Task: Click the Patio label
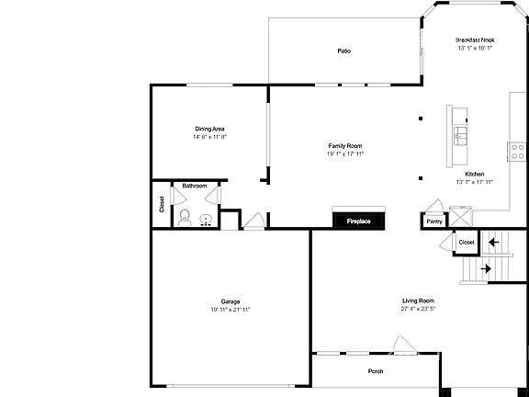click(343, 51)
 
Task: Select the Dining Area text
click(209, 129)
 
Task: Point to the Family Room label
click(345, 146)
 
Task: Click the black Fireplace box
click(358, 221)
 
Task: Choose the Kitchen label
click(475, 174)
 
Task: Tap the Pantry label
click(434, 221)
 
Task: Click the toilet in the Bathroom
click(185, 218)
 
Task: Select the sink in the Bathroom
click(206, 219)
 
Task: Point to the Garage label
click(230, 301)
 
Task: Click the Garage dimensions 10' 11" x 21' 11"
click(230, 310)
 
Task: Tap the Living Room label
click(418, 301)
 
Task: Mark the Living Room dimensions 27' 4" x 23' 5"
click(418, 309)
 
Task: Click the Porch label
click(376, 371)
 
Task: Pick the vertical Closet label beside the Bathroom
click(162, 205)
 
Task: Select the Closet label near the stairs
click(467, 242)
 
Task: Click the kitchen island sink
click(458, 137)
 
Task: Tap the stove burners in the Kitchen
click(517, 151)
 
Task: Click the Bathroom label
click(195, 187)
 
